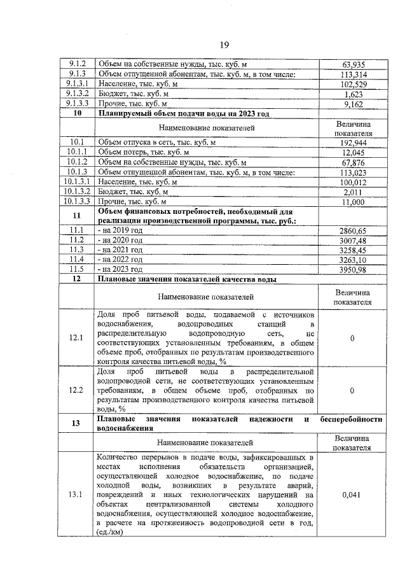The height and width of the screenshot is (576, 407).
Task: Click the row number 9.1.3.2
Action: pyautogui.click(x=76, y=94)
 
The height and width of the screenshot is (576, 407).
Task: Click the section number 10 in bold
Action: pyautogui.click(x=77, y=113)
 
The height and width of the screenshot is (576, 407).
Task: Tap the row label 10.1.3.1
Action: pyautogui.click(x=76, y=181)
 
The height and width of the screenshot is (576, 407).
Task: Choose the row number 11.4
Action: pyautogui.click(x=76, y=260)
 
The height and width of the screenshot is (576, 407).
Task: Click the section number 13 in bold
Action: pyautogui.click(x=76, y=424)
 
